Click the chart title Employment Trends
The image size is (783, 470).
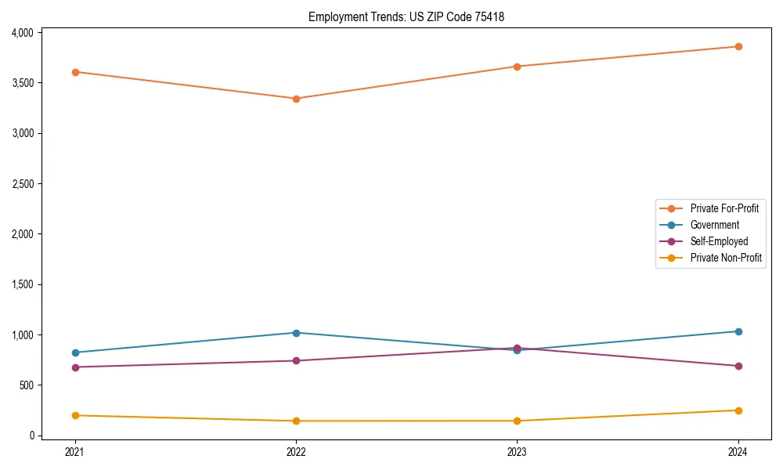406,16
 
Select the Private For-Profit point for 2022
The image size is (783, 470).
296,99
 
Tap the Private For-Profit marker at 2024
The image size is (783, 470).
738,46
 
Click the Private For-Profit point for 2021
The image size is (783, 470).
75,72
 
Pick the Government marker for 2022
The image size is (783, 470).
296,333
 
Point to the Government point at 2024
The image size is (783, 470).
738,331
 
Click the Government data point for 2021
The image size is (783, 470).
75,352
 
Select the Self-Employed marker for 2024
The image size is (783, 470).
738,366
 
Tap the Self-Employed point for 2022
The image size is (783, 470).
296,361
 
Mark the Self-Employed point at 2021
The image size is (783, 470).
75,367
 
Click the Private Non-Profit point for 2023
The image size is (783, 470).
518,421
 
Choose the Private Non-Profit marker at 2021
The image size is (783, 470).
75,416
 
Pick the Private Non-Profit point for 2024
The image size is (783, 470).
738,410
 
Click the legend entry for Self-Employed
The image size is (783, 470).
719,241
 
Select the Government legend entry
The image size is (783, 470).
714,225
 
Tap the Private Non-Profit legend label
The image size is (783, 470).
726,258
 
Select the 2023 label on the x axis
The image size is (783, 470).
518,452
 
